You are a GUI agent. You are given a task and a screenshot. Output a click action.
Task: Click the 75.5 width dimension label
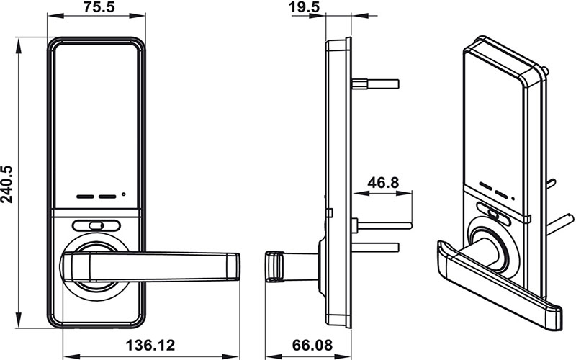pyautogui.click(x=96, y=9)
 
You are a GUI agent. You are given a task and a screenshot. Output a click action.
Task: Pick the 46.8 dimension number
pyautogui.click(x=384, y=183)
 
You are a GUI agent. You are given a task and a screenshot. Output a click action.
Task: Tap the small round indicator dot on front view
pyautogui.click(x=124, y=194)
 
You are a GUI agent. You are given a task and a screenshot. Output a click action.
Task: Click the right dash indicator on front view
pyautogui.click(x=108, y=195)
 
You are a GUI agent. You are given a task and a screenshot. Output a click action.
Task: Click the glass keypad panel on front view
pyautogui.click(x=96, y=115)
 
